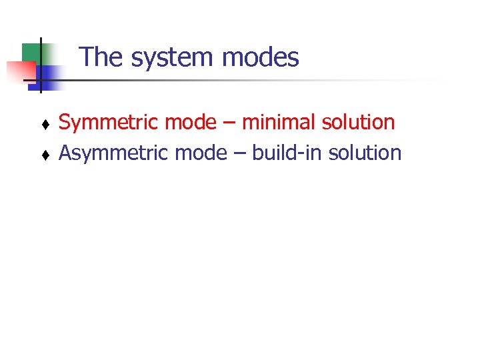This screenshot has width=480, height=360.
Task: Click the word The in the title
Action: click(x=101, y=57)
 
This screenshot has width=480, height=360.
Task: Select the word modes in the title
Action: click(x=261, y=57)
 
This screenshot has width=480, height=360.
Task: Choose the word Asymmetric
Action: click(x=114, y=153)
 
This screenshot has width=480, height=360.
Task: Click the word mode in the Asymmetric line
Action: click(x=201, y=153)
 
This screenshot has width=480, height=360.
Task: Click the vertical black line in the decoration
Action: click(x=41, y=63)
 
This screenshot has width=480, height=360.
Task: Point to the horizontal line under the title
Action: click(x=233, y=81)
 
